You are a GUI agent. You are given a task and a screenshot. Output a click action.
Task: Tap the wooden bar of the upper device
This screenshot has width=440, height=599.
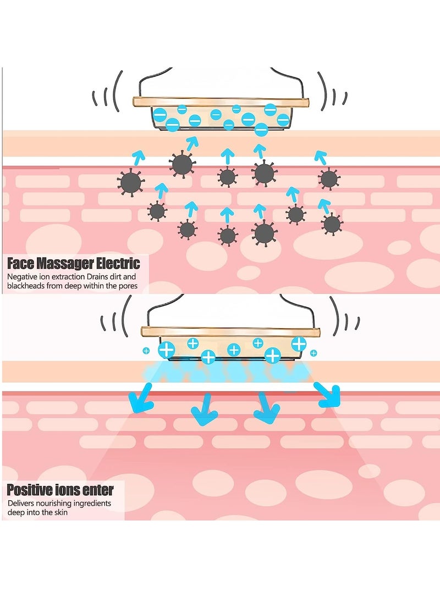(221, 102)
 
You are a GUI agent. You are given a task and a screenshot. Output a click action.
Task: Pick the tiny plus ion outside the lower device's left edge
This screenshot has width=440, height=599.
(146, 350)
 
